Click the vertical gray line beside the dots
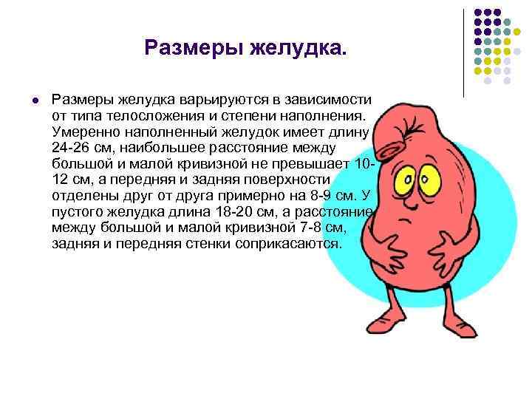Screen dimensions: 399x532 tap(463, 52)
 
